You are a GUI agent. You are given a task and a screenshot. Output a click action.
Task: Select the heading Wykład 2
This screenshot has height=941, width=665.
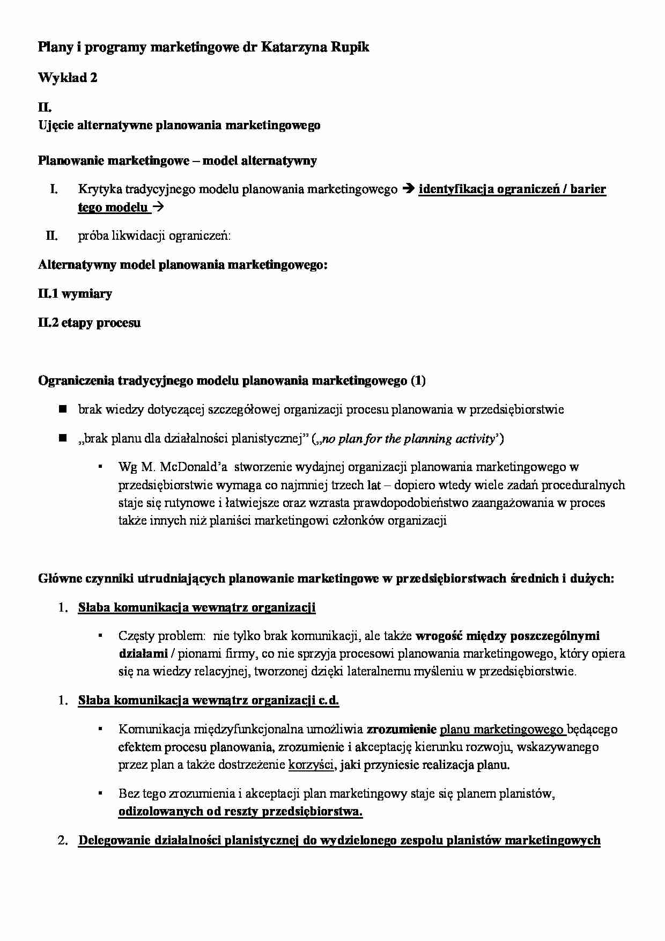[x=68, y=78]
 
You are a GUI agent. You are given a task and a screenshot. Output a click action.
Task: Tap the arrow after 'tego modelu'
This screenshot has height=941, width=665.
[x=159, y=207]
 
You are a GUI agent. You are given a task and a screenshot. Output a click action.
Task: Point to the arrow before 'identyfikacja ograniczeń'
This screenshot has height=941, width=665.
[x=408, y=189]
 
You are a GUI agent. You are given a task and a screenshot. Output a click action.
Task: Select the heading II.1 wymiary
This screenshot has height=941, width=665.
[x=75, y=294]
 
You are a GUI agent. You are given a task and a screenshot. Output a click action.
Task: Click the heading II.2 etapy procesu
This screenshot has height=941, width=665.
[x=89, y=323]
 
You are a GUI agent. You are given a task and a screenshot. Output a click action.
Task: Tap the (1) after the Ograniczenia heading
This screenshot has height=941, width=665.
[x=418, y=381]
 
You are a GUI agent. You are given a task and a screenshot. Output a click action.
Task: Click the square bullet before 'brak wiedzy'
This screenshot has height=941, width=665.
[x=62, y=409]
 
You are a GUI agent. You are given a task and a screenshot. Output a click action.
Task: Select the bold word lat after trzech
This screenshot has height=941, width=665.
[x=373, y=486]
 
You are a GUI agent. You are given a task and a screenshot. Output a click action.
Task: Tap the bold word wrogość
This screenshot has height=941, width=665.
[x=439, y=636]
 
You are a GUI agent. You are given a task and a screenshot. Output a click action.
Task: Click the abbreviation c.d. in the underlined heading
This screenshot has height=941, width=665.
[x=329, y=701]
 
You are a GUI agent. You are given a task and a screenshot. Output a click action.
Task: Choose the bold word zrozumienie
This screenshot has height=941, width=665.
[x=401, y=730]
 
